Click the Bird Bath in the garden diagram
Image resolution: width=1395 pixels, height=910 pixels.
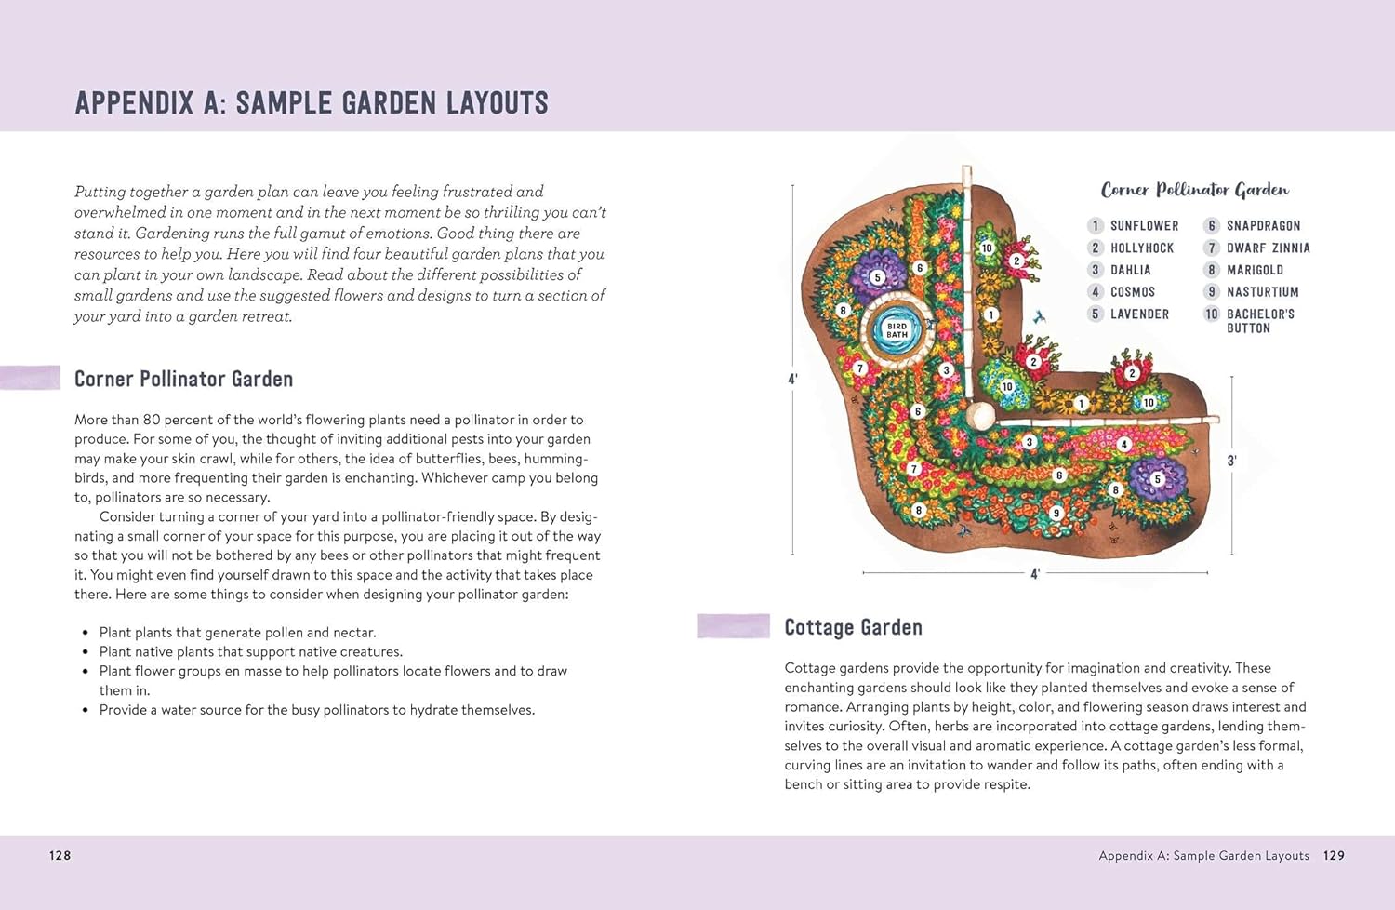click(x=897, y=329)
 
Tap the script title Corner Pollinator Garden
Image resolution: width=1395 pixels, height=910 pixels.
click(x=1194, y=191)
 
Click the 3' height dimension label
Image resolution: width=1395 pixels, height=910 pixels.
click(x=1231, y=461)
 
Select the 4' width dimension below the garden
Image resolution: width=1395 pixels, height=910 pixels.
click(x=1034, y=574)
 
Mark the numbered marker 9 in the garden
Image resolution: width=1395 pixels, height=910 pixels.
click(x=1056, y=513)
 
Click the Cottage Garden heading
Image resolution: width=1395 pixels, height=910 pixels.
click(x=853, y=628)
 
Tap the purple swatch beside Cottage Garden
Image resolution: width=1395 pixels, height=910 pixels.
click(x=733, y=626)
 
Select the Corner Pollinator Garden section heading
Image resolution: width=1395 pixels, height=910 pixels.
click(x=183, y=380)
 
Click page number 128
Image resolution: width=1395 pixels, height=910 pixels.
click(x=60, y=856)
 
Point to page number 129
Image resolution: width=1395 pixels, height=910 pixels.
click(x=1334, y=856)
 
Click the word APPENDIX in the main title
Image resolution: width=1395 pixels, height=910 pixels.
click(x=134, y=103)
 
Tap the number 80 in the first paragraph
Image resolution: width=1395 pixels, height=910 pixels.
click(x=152, y=420)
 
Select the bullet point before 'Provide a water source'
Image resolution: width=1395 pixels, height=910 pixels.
click(x=86, y=711)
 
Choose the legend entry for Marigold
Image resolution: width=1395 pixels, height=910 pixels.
click(x=1254, y=271)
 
